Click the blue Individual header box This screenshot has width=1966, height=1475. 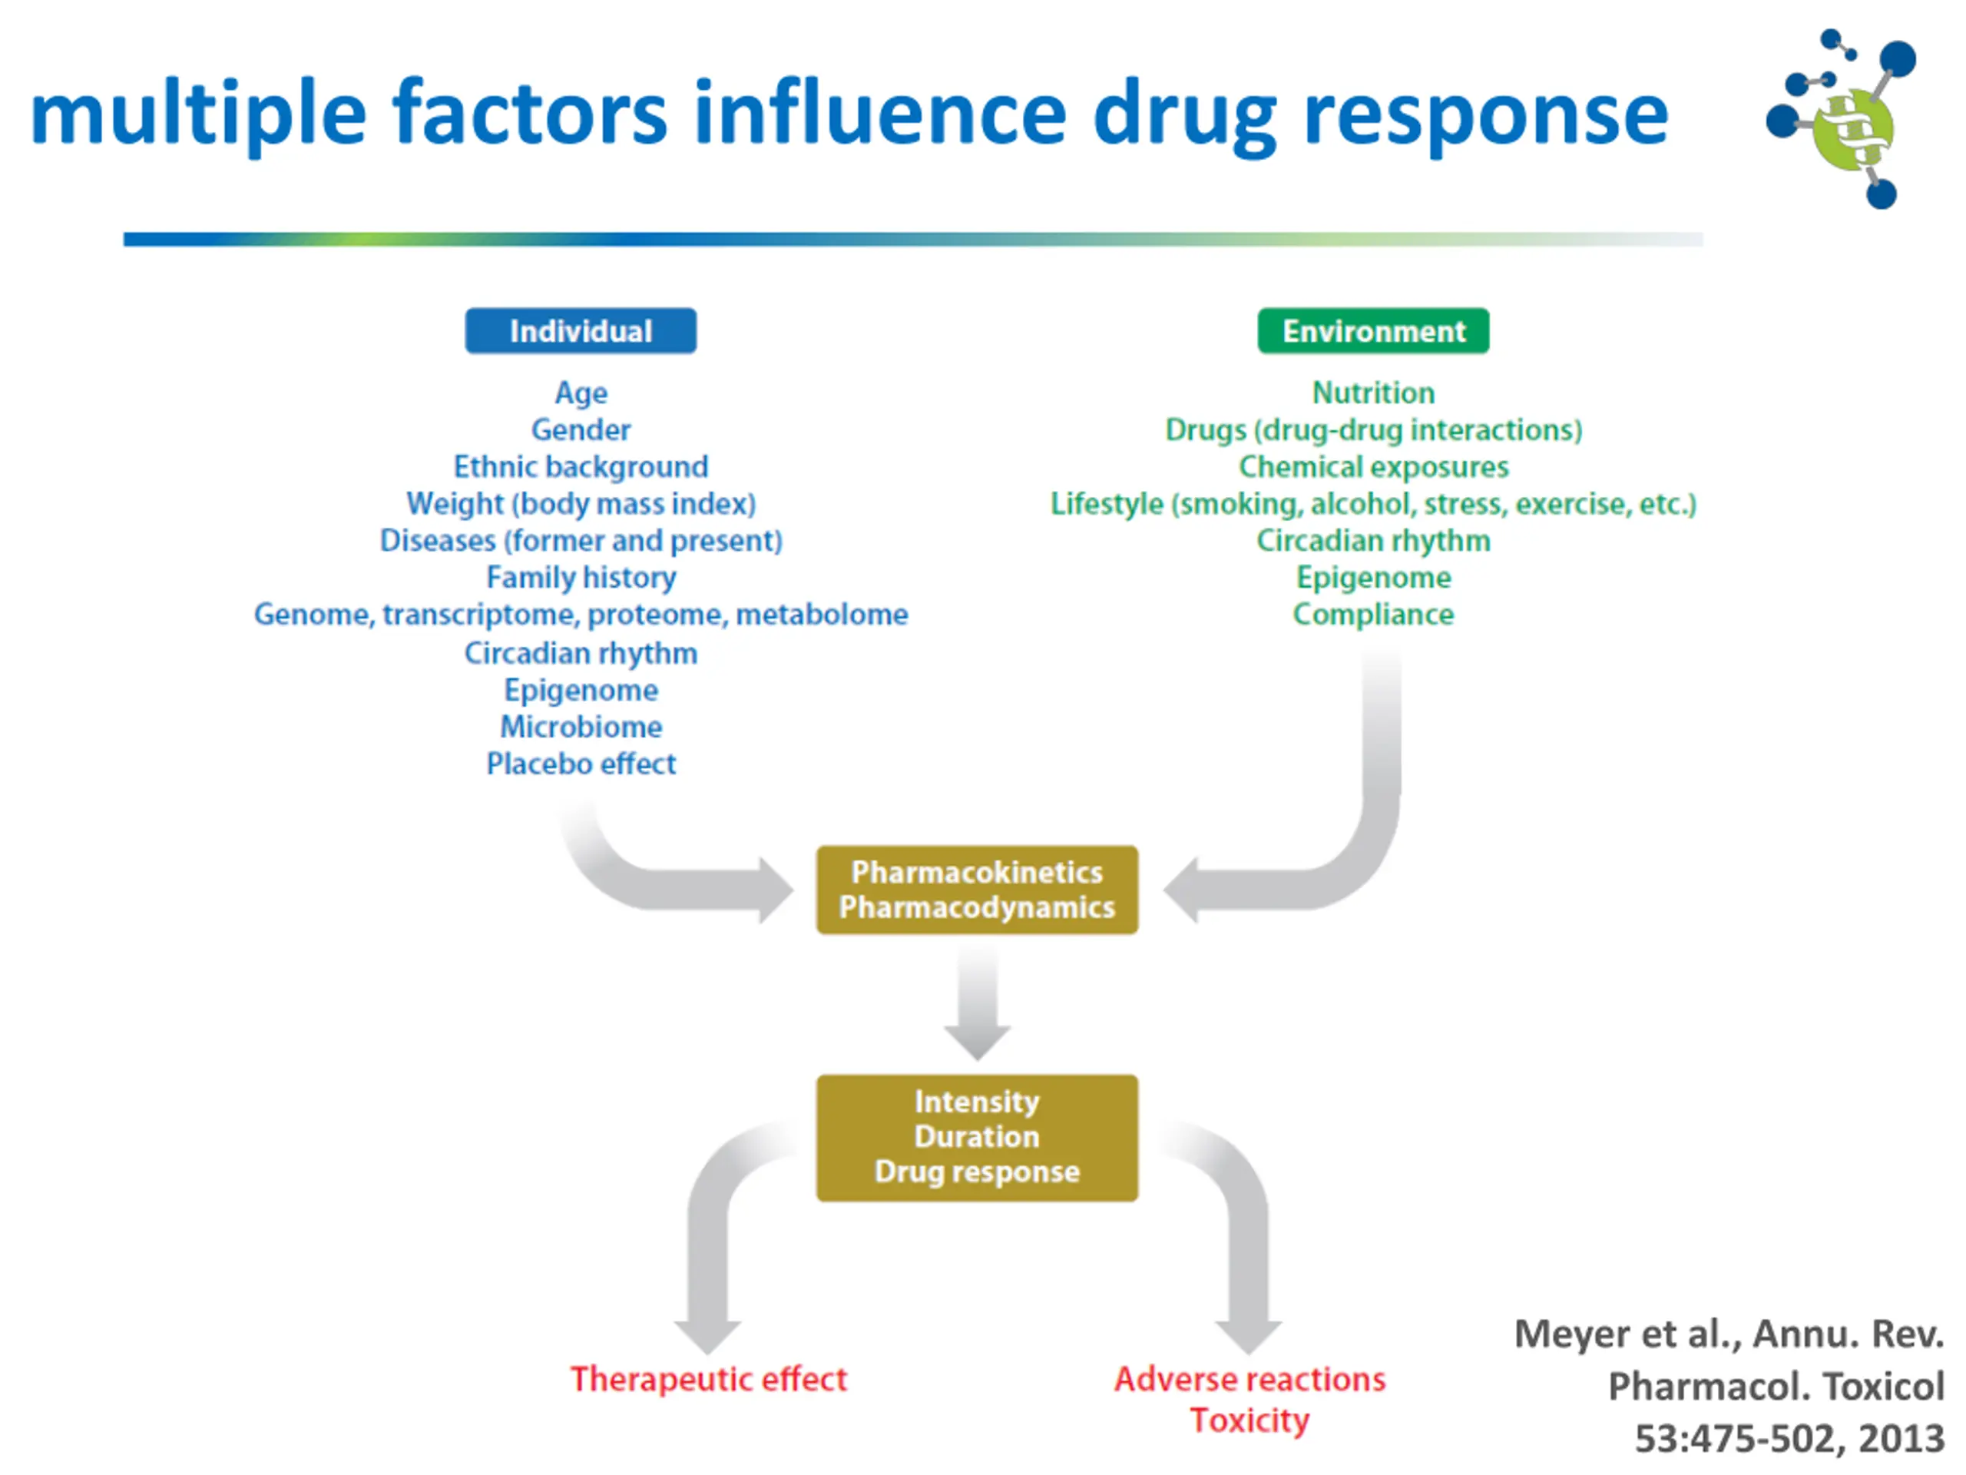tap(581, 331)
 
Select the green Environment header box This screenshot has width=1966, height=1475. tap(1373, 331)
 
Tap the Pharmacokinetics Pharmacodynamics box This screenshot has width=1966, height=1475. tap(977, 889)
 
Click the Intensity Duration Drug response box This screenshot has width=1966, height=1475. tap(977, 1137)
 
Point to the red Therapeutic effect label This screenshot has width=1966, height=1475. tap(708, 1379)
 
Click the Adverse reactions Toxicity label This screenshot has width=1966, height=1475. tap(1249, 1400)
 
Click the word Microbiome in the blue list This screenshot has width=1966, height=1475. tap(581, 727)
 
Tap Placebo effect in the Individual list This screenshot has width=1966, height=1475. tap(581, 764)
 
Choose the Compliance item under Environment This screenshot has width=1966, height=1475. tap(1373, 615)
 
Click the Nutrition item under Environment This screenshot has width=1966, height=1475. tap(1373, 392)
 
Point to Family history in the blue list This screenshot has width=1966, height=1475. tap(581, 578)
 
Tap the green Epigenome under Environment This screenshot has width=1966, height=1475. tap(1373, 578)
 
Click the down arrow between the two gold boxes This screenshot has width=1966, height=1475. tap(977, 1003)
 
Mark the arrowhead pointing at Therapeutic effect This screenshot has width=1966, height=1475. tap(707, 1335)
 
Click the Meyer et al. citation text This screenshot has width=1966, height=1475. tap(1729, 1386)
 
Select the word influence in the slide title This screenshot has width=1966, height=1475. tap(880, 113)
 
